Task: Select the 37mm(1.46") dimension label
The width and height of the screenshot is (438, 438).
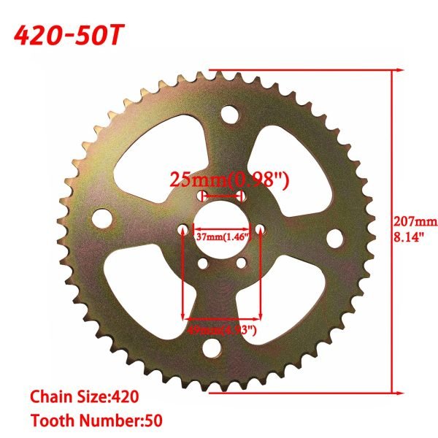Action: click(223, 236)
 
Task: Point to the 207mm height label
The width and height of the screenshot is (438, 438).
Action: click(415, 222)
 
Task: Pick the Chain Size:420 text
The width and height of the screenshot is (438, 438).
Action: click(84, 397)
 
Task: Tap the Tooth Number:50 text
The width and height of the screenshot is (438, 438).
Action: click(96, 420)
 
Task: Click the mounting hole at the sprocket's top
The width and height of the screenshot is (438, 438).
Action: click(228, 115)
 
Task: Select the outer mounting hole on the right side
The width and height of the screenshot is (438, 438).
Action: click(335, 238)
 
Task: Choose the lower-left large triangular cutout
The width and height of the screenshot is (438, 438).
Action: click(143, 281)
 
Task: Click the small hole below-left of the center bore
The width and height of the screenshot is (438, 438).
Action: click(200, 264)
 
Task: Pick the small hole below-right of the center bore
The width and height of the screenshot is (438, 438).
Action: click(240, 264)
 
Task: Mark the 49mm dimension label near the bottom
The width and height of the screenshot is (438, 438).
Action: click(222, 331)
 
